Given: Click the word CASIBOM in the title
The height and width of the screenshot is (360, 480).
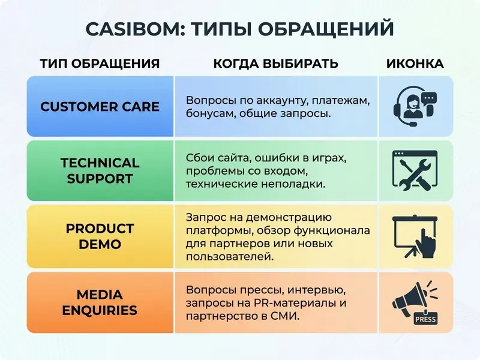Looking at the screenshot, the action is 134,28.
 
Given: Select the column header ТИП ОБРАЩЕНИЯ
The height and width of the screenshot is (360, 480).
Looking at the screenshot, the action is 100,64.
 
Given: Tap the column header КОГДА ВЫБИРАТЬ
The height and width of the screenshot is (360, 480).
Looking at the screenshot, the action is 275,64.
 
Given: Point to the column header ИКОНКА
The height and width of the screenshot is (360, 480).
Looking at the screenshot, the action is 415,64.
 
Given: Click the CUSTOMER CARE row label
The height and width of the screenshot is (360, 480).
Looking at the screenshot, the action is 100,107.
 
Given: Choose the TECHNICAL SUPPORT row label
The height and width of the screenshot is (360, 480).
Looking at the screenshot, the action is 100,170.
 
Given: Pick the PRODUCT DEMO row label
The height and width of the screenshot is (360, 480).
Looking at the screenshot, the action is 100,236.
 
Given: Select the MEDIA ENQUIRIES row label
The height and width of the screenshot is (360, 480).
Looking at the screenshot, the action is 100,302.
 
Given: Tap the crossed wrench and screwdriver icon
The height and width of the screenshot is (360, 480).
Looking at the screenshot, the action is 415,170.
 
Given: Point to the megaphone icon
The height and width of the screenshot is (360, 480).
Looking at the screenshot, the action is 410,298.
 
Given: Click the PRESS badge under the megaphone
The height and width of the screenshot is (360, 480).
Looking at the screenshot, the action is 425,319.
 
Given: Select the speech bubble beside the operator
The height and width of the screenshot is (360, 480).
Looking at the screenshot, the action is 429,98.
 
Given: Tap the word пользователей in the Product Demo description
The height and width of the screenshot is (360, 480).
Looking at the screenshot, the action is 230,256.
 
